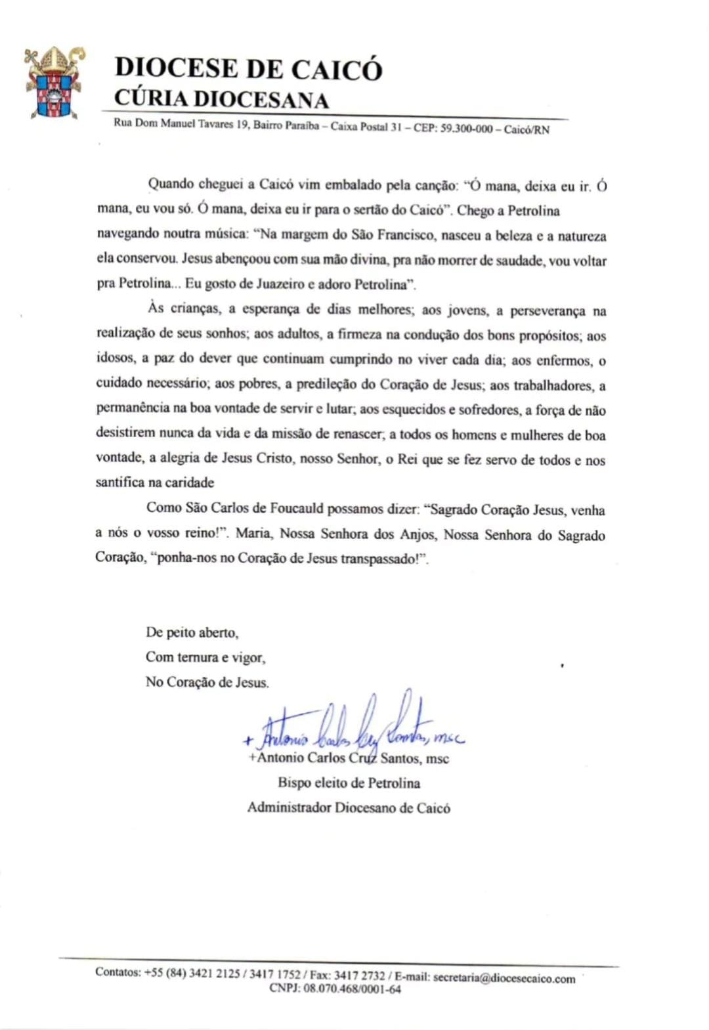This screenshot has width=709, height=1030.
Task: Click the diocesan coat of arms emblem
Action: coord(54,83)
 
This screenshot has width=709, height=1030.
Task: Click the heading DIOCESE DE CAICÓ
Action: coord(248,70)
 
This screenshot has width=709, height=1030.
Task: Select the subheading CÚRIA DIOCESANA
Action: coord(221,99)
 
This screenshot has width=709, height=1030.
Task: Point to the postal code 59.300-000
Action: coord(465,129)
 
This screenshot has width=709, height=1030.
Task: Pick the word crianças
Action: coord(194,309)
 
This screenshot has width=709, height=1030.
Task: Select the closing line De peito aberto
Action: coord(192,633)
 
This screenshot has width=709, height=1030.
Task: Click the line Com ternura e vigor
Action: coord(205,657)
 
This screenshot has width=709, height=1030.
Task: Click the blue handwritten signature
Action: coord(354,729)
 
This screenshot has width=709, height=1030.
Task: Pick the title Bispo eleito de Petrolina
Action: coord(349,783)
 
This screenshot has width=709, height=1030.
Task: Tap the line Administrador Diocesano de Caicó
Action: coord(349,807)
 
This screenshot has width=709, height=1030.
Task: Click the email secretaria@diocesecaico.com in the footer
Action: coord(504,977)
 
